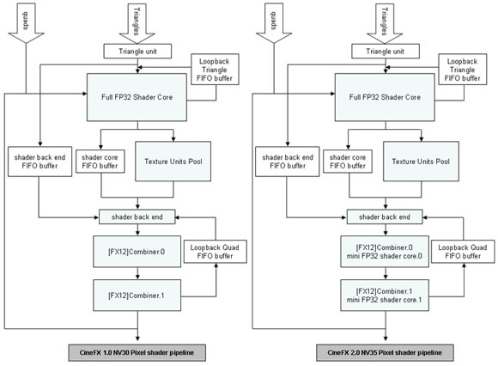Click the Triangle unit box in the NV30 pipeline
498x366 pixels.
[x=137, y=52]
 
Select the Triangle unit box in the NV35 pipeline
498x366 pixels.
[x=386, y=52]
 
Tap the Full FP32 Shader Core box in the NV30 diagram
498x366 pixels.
[x=137, y=97]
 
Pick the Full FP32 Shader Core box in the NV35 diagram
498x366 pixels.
[x=385, y=97]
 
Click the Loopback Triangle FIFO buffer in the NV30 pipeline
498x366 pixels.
[x=215, y=70]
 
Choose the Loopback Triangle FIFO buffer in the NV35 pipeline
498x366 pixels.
[x=463, y=70]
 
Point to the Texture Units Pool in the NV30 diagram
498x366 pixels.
[x=173, y=162]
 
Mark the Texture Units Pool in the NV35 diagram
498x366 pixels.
[x=421, y=162]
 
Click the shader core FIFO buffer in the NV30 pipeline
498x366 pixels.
[x=100, y=162]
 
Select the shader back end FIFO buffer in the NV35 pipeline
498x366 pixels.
[x=288, y=162]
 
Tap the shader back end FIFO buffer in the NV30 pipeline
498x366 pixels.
[x=39, y=162]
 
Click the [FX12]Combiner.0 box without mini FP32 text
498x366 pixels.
[x=137, y=252]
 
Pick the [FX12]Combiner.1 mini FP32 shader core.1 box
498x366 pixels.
[x=385, y=296]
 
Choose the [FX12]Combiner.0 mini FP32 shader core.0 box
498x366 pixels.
[x=385, y=252]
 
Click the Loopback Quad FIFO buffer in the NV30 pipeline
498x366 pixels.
[x=216, y=252]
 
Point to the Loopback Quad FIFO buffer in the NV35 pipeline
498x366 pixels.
[x=463, y=252]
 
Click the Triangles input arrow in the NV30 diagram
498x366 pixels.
[x=137, y=23]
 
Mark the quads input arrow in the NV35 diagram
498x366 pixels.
[x=273, y=23]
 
